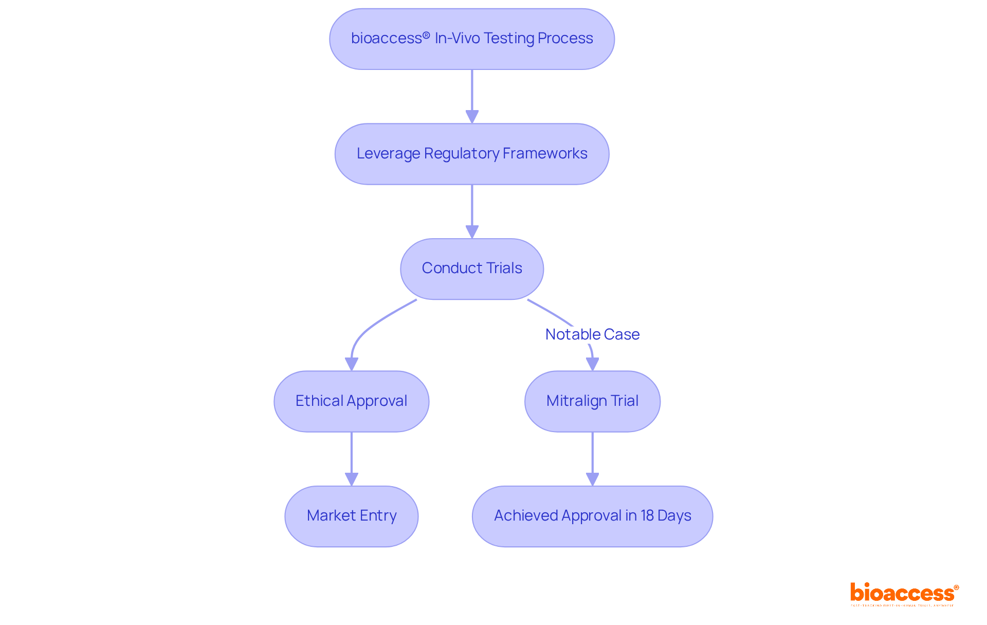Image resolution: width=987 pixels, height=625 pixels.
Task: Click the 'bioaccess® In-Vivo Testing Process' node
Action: [471, 39]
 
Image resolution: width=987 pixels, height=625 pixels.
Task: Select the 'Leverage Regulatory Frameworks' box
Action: [471, 154]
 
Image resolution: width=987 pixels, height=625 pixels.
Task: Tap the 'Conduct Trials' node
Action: [471, 269]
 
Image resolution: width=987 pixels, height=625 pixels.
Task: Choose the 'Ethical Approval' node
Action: [351, 401]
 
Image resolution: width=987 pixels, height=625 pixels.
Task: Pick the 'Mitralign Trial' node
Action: [592, 401]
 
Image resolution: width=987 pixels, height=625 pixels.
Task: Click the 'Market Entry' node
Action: [351, 516]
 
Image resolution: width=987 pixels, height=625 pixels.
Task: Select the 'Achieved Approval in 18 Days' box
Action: [592, 516]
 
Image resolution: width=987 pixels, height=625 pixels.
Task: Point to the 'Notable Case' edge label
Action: [592, 334]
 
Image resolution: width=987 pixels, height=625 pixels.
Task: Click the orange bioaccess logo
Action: [904, 593]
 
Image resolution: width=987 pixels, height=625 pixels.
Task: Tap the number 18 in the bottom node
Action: [647, 515]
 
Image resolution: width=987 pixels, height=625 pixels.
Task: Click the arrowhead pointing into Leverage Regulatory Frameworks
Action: [472, 117]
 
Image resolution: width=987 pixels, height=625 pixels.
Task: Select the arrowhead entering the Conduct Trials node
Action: [472, 231]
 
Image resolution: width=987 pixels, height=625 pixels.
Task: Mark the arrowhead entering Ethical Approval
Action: [352, 364]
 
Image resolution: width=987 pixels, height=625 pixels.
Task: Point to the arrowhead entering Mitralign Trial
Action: [593, 364]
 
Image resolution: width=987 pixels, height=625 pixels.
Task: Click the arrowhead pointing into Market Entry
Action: [352, 479]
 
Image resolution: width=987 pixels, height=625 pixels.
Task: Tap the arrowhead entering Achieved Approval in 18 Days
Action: [593, 479]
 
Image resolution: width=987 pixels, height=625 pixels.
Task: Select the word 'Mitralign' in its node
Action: [576, 401]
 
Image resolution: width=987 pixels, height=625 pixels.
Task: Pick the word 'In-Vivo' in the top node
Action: [457, 39]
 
